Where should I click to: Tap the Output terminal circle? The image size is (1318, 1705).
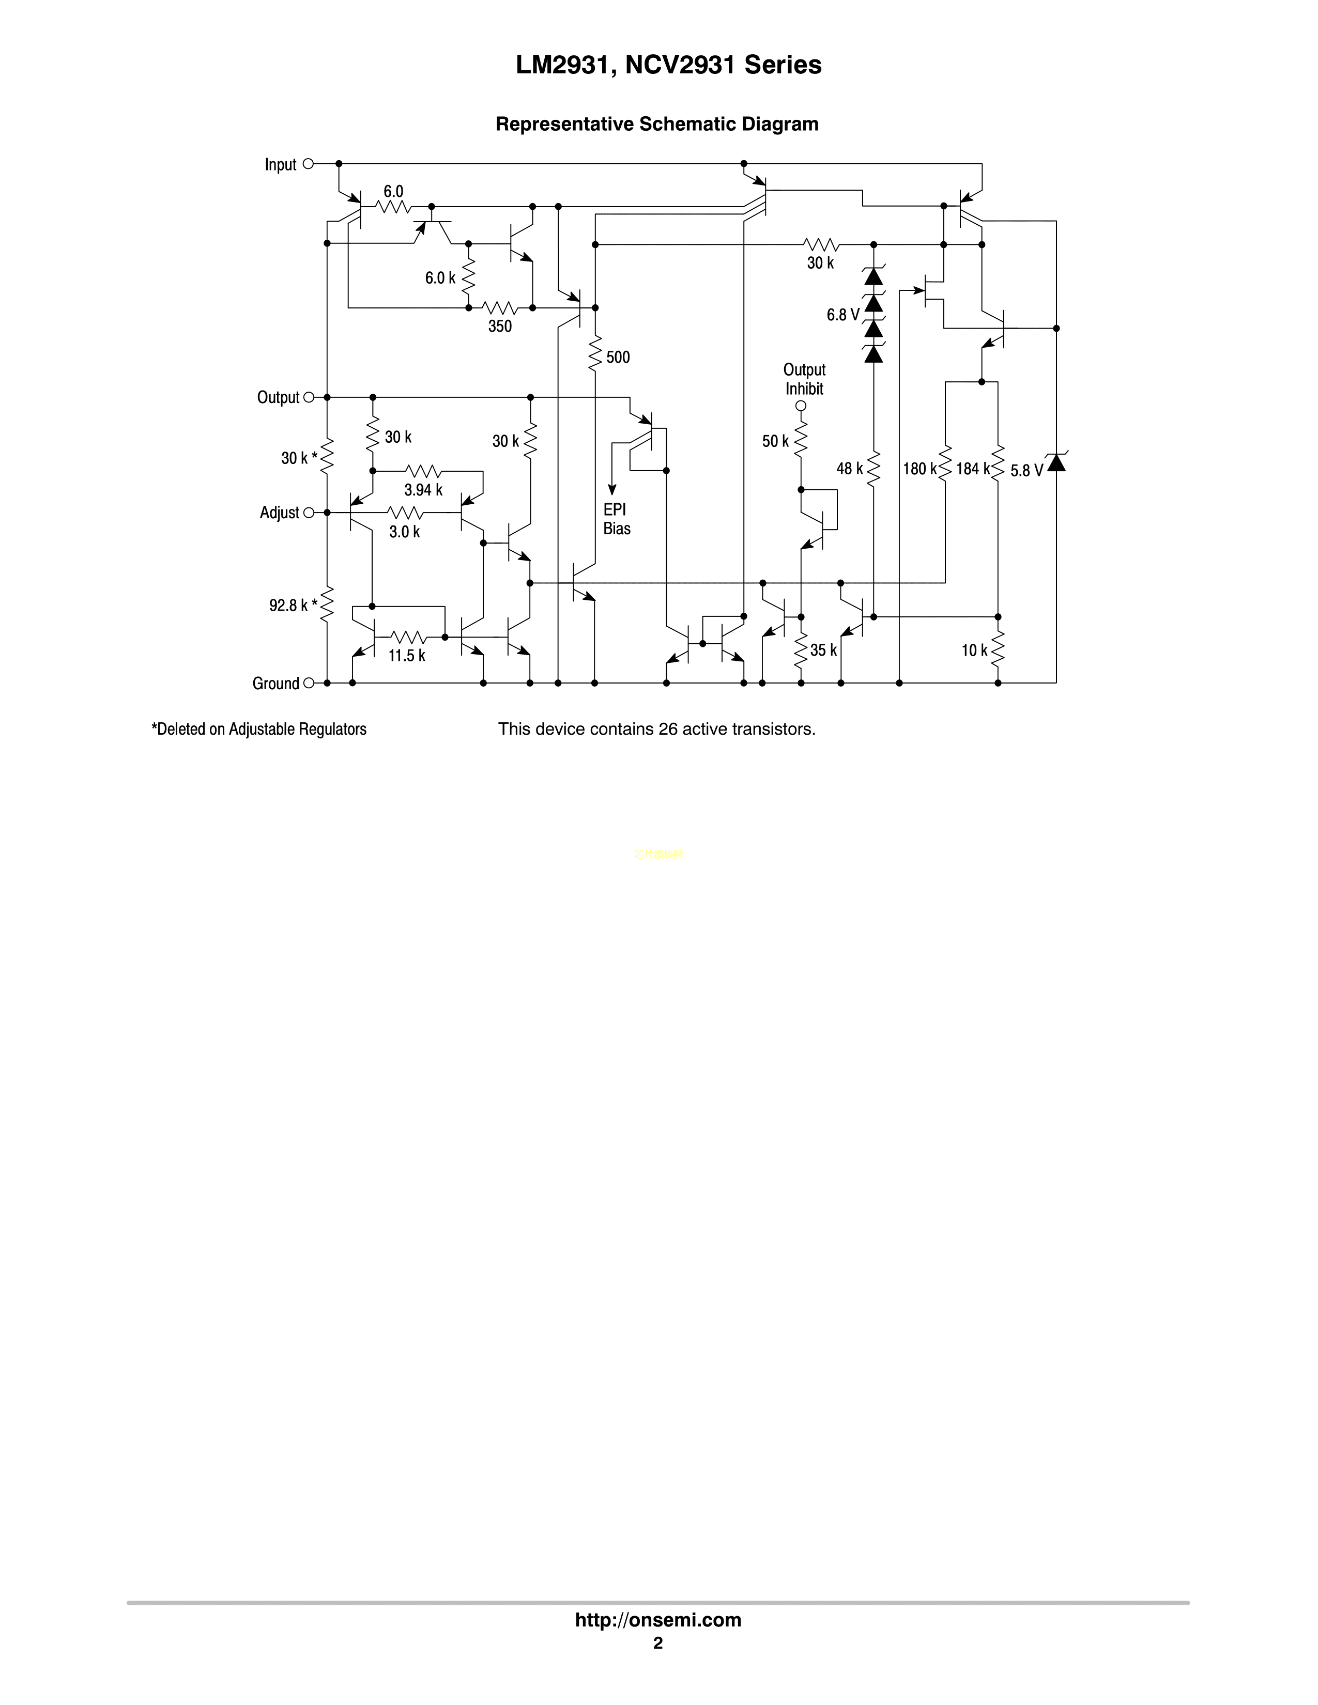(x=309, y=397)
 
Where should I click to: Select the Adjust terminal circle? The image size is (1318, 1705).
(x=309, y=513)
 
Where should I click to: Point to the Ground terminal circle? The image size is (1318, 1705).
(x=309, y=683)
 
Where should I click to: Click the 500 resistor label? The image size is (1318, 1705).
(x=618, y=358)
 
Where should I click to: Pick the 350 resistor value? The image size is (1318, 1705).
(x=500, y=327)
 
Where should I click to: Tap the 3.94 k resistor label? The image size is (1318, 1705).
(x=423, y=490)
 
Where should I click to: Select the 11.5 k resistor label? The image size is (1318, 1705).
(x=407, y=656)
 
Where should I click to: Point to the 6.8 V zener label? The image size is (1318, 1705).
(x=842, y=315)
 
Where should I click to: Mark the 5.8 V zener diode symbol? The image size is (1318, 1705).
(x=1056, y=463)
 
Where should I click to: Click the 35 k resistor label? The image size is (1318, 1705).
(x=823, y=650)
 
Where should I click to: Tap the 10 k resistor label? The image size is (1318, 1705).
(x=974, y=650)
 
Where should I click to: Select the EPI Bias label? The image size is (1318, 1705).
(x=616, y=519)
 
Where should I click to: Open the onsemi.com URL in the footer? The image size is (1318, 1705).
(x=657, y=1620)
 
